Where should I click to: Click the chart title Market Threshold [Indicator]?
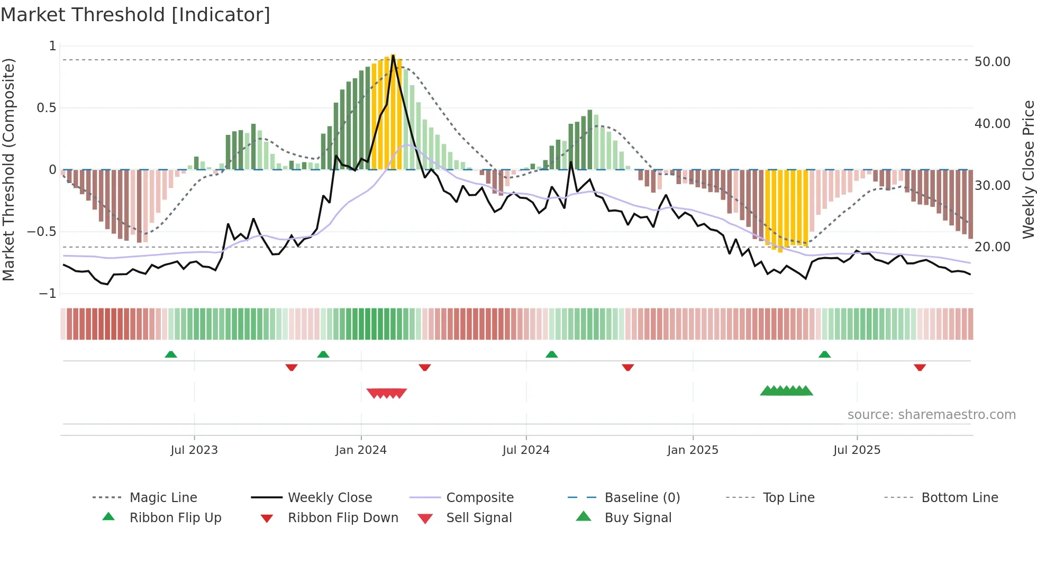135,15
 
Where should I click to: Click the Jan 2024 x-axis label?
361,450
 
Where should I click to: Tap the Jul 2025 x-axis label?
857,450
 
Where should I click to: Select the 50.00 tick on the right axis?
992,62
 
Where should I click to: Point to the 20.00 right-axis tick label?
992,247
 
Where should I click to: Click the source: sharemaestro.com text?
931,415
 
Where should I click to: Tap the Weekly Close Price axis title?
1028,169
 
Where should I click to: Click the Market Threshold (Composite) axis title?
8,169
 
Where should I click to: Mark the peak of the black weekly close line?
393,56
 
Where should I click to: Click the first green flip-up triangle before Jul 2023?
170,354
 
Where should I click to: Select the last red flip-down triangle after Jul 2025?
920,367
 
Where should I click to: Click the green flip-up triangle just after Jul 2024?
551,354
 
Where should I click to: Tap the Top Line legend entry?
788,498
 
